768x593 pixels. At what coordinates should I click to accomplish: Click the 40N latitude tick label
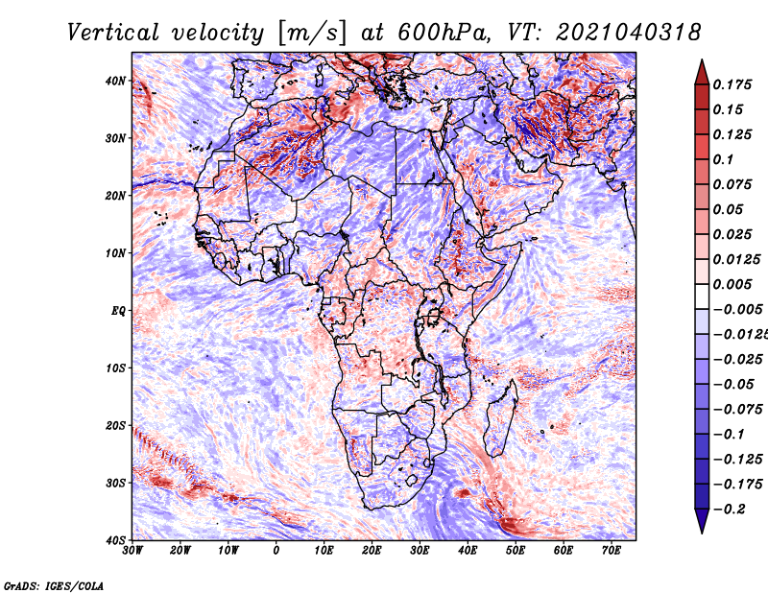point(114,81)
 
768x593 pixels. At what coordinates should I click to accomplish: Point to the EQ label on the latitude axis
point(118,311)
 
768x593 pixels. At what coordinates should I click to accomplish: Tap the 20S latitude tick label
point(114,425)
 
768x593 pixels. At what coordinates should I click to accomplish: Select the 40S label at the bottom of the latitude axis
point(114,540)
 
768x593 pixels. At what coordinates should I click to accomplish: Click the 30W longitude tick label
point(132,551)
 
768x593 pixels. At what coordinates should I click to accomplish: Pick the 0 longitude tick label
point(276,551)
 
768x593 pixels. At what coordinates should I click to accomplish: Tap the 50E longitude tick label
point(516,551)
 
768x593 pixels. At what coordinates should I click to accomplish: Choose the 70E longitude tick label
point(612,551)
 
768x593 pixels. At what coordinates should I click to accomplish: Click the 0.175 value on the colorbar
point(732,84)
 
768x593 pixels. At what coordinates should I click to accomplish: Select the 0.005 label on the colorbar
point(732,284)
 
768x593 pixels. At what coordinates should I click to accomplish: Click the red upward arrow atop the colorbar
point(702,73)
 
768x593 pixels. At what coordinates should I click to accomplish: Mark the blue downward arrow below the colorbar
point(702,521)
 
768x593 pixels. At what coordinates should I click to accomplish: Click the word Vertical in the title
point(112,33)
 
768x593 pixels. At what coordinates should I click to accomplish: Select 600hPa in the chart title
point(444,33)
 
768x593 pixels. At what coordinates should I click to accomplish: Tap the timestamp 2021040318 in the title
point(629,33)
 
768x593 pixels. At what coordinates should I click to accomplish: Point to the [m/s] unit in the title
point(313,33)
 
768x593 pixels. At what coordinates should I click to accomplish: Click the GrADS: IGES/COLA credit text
point(54,585)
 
